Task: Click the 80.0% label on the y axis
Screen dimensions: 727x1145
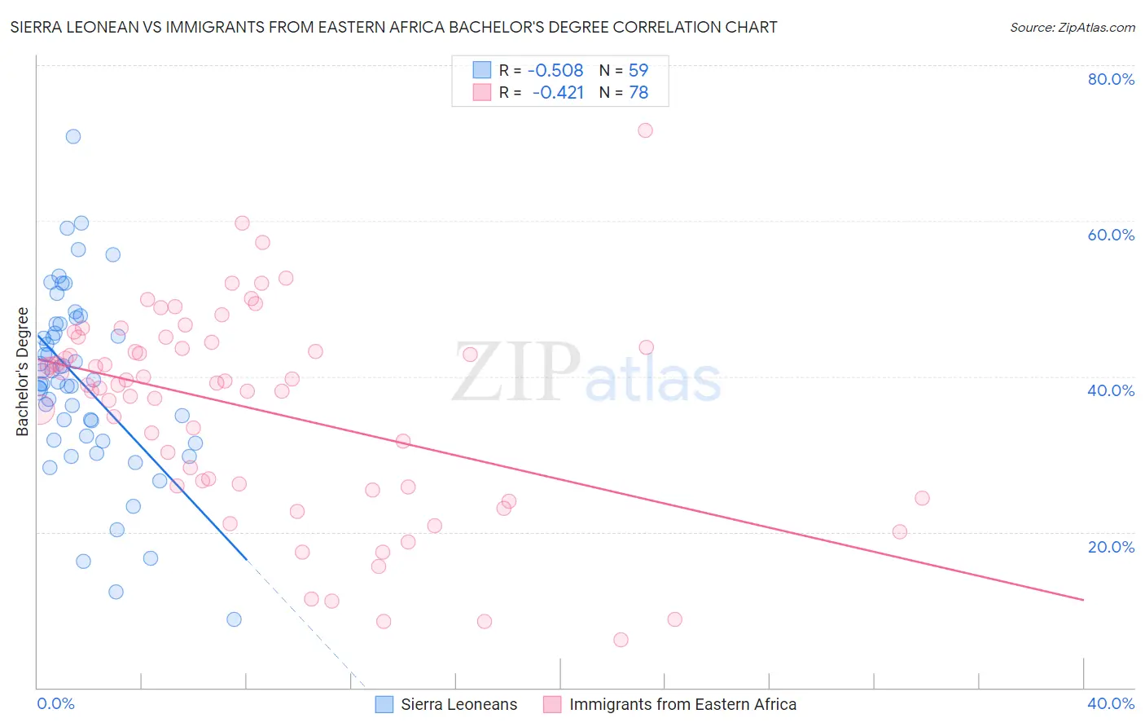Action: [1111, 79]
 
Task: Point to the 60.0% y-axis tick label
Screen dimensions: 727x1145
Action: [1111, 235]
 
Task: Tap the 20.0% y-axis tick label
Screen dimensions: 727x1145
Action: [1111, 547]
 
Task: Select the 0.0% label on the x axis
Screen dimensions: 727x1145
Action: [55, 703]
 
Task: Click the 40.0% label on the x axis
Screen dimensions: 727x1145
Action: [1111, 703]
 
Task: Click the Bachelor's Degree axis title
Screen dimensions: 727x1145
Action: [23, 372]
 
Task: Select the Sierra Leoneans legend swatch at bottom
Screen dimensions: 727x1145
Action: [384, 704]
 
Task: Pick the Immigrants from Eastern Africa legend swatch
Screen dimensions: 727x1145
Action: [552, 704]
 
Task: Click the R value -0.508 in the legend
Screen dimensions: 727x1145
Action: [555, 71]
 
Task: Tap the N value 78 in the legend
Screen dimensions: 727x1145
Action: [638, 93]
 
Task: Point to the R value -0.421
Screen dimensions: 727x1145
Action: [558, 93]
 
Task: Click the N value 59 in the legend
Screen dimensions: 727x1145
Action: [638, 71]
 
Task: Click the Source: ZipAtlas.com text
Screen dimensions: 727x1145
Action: [1072, 28]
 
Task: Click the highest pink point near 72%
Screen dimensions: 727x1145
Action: [645, 130]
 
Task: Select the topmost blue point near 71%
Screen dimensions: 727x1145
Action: [73, 137]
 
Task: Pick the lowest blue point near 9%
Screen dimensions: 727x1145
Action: [234, 619]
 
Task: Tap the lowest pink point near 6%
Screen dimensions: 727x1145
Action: [621, 640]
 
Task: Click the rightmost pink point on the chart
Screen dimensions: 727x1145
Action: [922, 498]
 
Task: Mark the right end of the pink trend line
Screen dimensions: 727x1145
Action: [1083, 600]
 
